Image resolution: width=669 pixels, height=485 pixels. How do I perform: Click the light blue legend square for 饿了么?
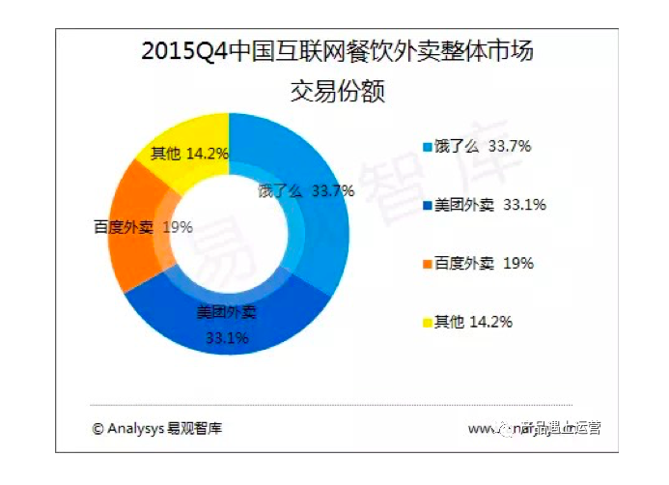[427, 147]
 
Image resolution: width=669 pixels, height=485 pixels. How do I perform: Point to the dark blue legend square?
[427, 205]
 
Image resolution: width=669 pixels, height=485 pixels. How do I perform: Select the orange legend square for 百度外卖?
[427, 263]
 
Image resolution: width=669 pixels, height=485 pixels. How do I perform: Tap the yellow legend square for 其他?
[427, 321]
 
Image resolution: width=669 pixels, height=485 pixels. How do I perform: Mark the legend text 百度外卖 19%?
[485, 263]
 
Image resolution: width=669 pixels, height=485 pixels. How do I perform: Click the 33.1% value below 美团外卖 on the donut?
[228, 337]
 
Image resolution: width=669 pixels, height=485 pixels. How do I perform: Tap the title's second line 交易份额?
[338, 92]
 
